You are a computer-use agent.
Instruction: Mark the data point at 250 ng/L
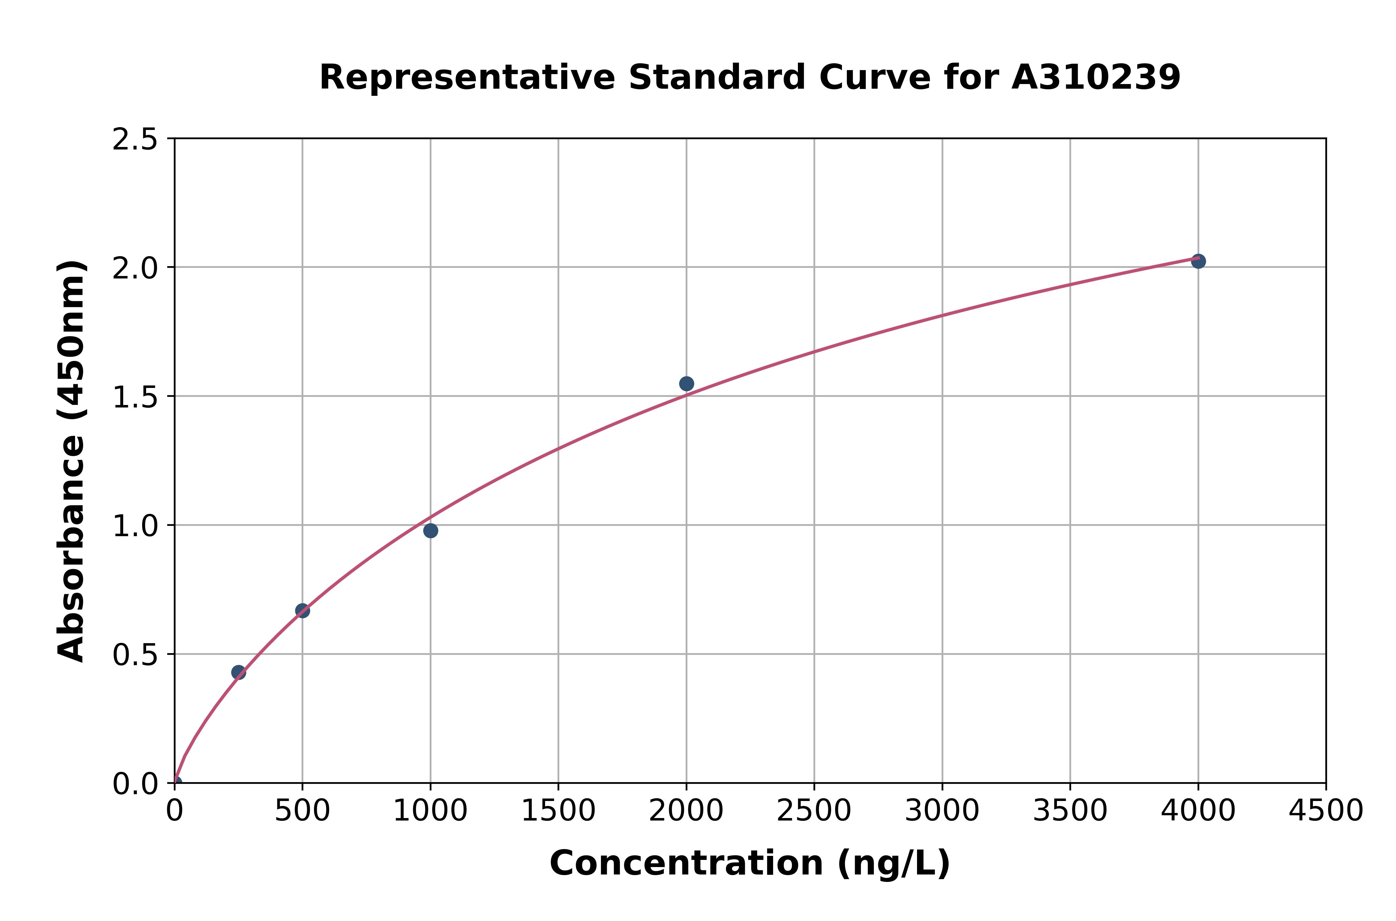point(239,673)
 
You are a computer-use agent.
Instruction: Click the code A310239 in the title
point(1096,78)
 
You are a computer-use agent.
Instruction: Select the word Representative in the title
point(467,78)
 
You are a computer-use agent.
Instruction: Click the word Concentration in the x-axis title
point(686,863)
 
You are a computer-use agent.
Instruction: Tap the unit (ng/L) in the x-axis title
point(893,863)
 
